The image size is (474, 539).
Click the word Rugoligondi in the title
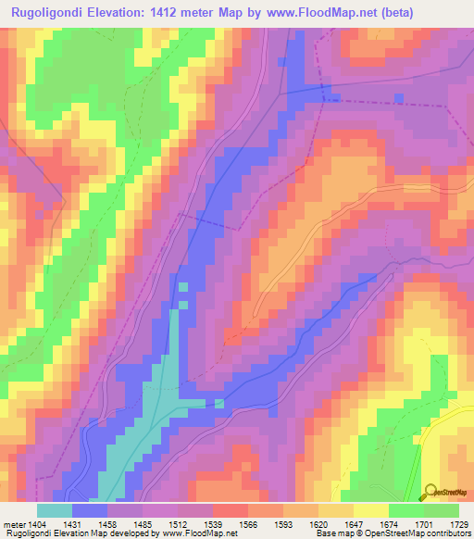coord(48,12)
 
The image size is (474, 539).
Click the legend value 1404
coord(38,523)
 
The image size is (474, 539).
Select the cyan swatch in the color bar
coord(55,510)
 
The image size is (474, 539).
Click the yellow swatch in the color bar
coord(371,510)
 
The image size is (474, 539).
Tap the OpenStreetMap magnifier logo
coord(430,491)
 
